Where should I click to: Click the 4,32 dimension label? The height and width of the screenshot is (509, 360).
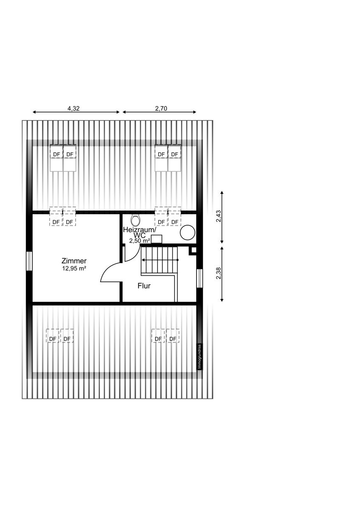(73, 108)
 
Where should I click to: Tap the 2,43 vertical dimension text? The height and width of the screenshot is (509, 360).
(218, 217)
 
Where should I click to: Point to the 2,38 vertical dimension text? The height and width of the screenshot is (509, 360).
(218, 274)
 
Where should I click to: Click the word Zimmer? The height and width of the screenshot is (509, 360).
(74, 261)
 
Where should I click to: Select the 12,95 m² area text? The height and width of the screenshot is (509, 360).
(74, 268)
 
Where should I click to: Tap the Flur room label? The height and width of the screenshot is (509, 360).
(144, 286)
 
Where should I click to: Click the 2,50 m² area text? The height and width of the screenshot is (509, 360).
(140, 241)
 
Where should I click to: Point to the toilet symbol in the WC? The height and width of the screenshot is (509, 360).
(135, 220)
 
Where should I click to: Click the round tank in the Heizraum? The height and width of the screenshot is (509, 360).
(188, 232)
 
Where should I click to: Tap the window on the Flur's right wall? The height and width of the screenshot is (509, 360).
(199, 278)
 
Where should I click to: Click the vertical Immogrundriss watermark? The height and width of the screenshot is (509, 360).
(200, 356)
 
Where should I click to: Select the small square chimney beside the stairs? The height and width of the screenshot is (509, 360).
(193, 250)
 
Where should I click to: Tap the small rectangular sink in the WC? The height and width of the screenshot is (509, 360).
(157, 239)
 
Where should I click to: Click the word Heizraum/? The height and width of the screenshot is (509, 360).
(140, 229)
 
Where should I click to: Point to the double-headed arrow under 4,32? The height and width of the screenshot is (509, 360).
(76, 112)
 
